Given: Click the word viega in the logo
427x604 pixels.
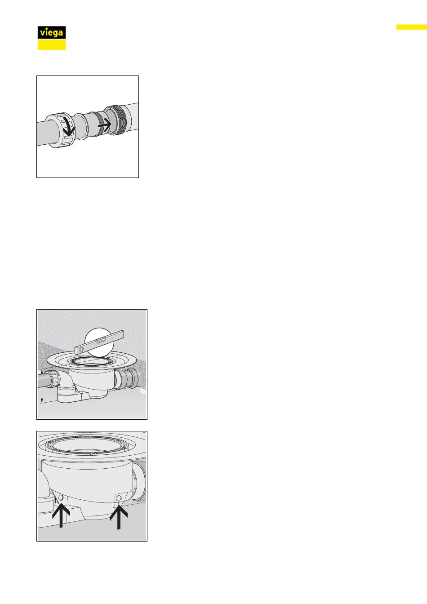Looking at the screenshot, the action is click(51, 33).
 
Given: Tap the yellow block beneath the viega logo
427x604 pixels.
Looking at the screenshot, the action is click(52, 44).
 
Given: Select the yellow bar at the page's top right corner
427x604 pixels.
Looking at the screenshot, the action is click(412, 27).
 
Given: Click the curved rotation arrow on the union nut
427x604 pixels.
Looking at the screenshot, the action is click(69, 127).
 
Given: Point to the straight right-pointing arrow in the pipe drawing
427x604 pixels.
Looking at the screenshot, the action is click(105, 125).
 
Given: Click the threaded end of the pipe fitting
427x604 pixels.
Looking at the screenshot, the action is click(121, 120).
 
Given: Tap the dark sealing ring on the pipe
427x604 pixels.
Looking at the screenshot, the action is click(101, 123).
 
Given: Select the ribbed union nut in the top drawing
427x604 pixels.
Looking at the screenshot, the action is click(61, 130).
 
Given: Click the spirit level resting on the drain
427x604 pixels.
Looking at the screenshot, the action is click(99, 342).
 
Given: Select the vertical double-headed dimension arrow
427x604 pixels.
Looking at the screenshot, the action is click(42, 386).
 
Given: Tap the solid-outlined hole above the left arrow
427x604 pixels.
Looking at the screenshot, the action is click(61, 498).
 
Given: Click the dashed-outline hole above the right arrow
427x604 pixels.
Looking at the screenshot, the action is click(119, 499).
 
